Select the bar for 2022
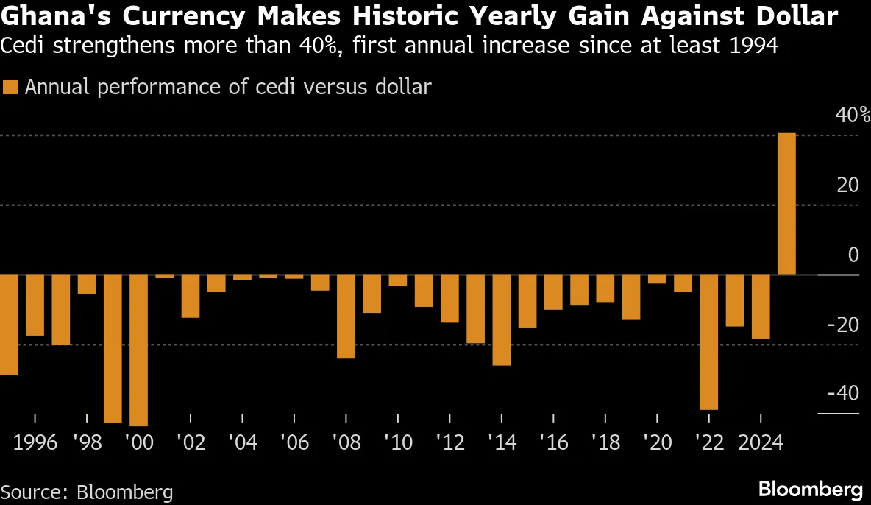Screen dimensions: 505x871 pyautogui.click(x=708, y=342)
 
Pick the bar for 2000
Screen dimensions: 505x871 pyautogui.click(x=138, y=350)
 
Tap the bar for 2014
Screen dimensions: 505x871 pyautogui.click(x=501, y=319)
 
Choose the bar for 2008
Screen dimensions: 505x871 pyautogui.click(x=346, y=316)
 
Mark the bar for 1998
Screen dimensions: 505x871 pyautogui.click(x=87, y=284)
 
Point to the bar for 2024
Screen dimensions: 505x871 pyautogui.click(x=761, y=307)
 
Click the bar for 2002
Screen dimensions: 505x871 pyautogui.click(x=191, y=296)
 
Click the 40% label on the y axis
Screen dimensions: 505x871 pyautogui.click(x=853, y=116)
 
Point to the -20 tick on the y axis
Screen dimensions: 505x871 pyautogui.click(x=843, y=325)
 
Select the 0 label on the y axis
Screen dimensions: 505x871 pyautogui.click(x=853, y=255)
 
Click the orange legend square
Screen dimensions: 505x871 pyautogui.click(x=10, y=87)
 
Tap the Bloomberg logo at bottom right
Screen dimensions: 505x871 pyautogui.click(x=810, y=489)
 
